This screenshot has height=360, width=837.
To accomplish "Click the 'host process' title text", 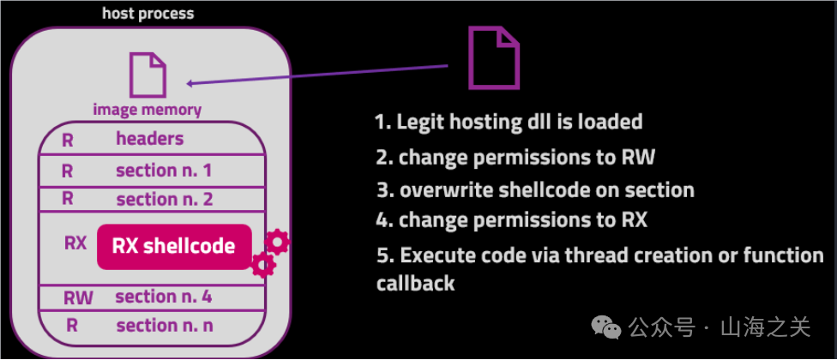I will [x=148, y=13].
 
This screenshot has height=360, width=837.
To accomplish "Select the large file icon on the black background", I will [x=493, y=57].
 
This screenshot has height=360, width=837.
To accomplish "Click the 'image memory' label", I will [x=148, y=110].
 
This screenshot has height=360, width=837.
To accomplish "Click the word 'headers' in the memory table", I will [x=150, y=139].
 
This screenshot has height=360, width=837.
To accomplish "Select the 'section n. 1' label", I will [x=164, y=170].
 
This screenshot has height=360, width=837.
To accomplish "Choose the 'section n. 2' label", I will [x=164, y=200].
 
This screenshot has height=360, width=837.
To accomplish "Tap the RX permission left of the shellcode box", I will [x=75, y=243].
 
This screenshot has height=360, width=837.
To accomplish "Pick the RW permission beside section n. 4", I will [x=78, y=298].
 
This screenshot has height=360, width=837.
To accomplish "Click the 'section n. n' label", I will [x=164, y=326].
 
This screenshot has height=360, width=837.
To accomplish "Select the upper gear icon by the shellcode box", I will [x=277, y=242].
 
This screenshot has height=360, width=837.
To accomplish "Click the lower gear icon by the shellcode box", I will [x=262, y=265].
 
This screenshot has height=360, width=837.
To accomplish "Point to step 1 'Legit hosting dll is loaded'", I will [x=509, y=122].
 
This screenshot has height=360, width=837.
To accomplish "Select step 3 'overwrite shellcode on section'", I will [x=535, y=189].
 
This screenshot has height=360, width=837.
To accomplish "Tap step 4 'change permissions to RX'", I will [x=511, y=219].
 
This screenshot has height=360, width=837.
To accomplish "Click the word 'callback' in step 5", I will [x=415, y=284].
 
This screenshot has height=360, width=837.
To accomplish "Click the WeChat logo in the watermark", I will [x=610, y=327].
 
